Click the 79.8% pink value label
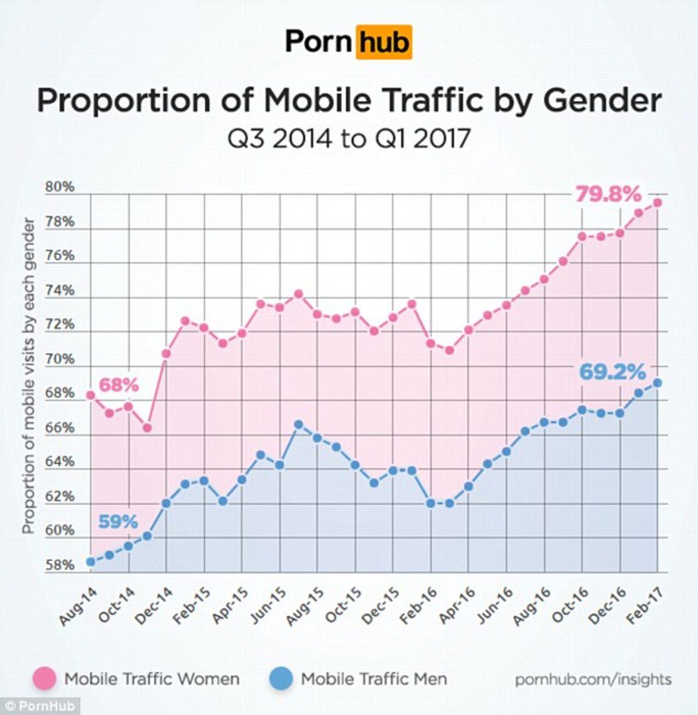(x=608, y=195)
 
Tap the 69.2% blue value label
(x=612, y=372)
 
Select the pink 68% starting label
(x=119, y=385)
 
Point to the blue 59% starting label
(x=118, y=522)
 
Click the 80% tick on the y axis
(x=60, y=187)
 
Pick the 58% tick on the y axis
(x=60, y=565)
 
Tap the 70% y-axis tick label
(x=60, y=359)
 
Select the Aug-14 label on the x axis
(x=78, y=606)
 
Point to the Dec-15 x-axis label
(x=380, y=606)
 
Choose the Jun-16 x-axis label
(x=494, y=606)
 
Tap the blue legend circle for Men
(x=282, y=678)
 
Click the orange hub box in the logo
(x=383, y=42)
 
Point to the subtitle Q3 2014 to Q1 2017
(x=348, y=140)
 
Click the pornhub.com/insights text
(x=593, y=679)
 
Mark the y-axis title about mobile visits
(x=29, y=377)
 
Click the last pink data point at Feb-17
(x=657, y=202)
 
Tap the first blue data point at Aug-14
(x=91, y=561)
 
